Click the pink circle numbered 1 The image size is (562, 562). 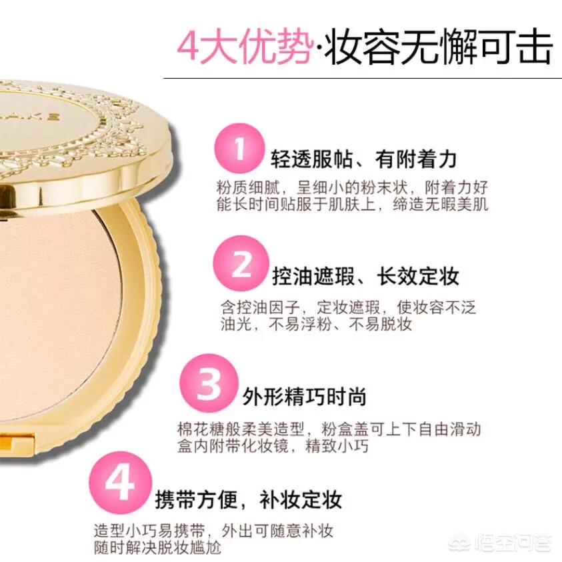(x=239, y=149)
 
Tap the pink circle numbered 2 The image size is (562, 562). (x=241, y=263)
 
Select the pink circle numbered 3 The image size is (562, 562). (x=209, y=383)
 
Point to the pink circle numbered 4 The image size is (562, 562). (x=121, y=483)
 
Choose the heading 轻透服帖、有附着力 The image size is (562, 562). (x=364, y=159)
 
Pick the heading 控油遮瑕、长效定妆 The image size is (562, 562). (x=365, y=276)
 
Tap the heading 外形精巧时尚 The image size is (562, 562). (x=305, y=397)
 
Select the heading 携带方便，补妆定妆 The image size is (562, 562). (x=249, y=499)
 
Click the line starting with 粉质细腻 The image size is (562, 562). (x=352, y=187)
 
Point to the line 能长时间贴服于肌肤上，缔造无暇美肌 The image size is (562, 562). (x=352, y=204)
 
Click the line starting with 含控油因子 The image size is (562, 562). (x=348, y=307)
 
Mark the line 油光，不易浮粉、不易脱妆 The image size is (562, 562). (x=316, y=325)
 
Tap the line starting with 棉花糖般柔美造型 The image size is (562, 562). (x=329, y=429)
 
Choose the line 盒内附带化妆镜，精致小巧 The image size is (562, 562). (x=273, y=446)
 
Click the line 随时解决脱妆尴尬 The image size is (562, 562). (x=158, y=547)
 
